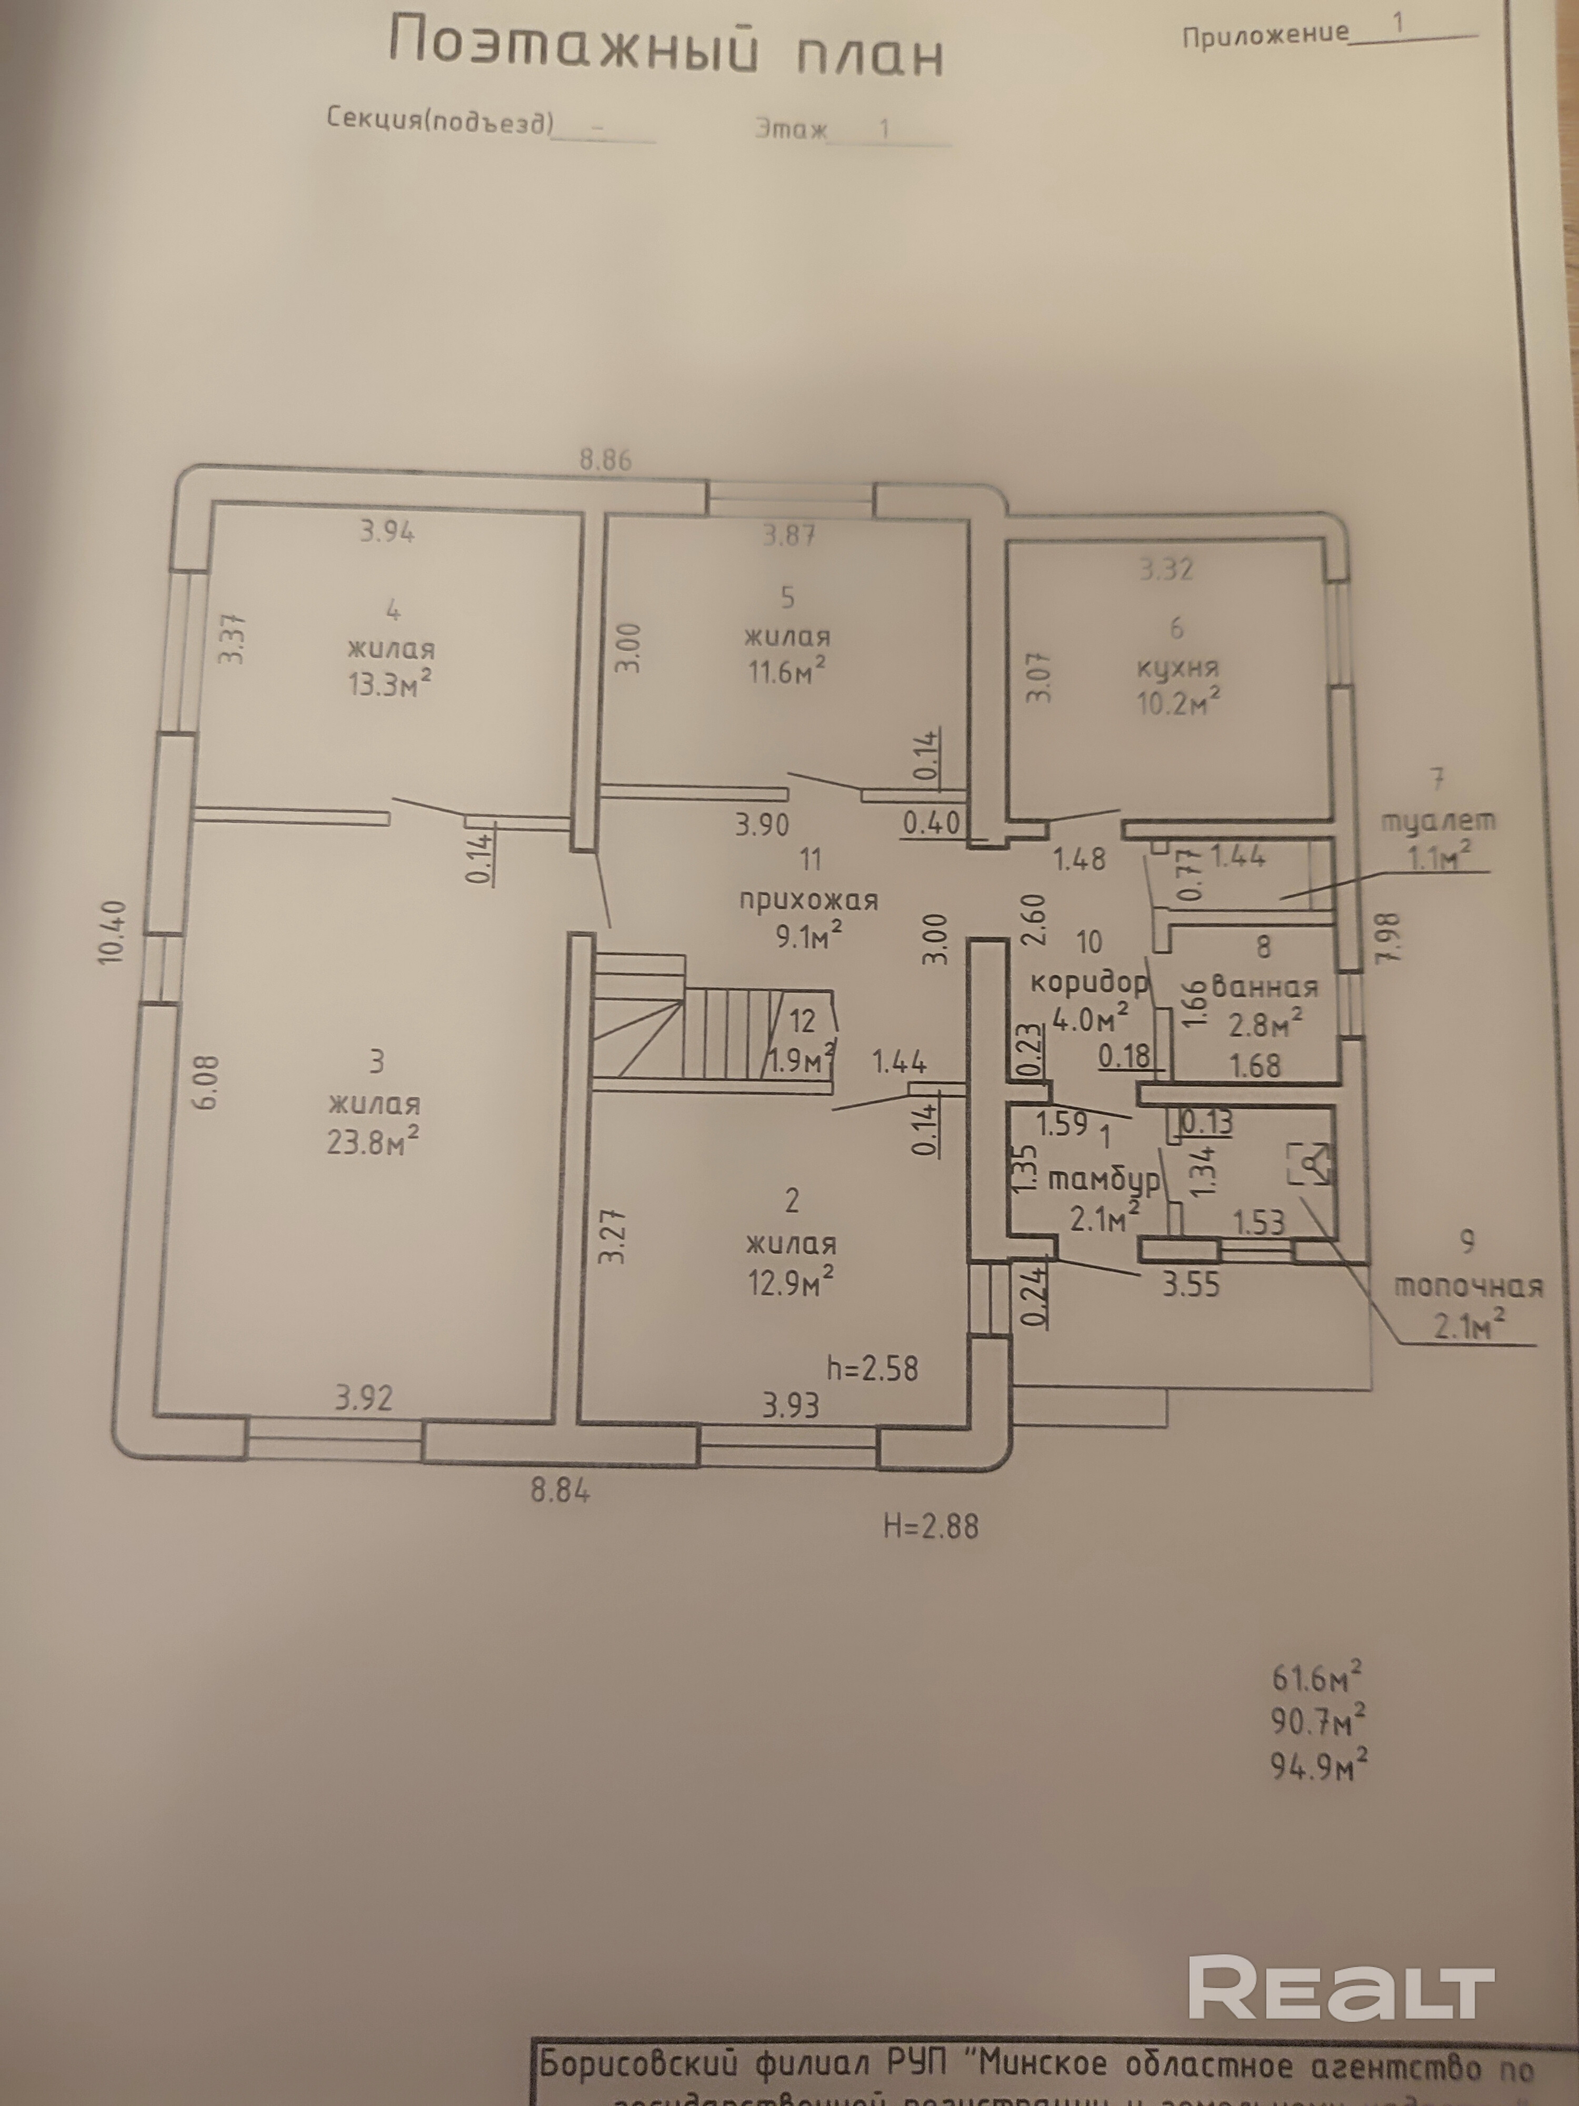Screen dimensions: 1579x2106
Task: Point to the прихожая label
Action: tap(809, 900)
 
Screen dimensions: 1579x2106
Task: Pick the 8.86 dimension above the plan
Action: tap(605, 460)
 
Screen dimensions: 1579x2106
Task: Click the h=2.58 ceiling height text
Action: tap(873, 1368)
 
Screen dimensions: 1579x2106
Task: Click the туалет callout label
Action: tap(1437, 821)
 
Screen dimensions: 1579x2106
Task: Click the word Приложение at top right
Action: tap(1265, 35)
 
